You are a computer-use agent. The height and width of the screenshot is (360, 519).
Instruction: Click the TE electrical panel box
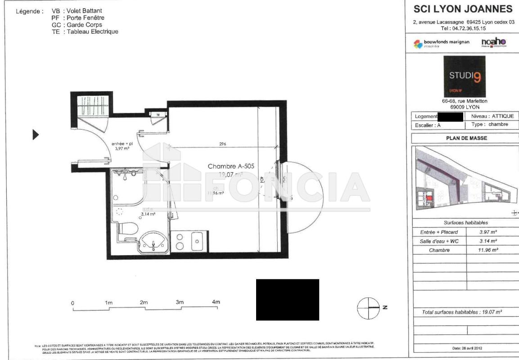tap(158, 115)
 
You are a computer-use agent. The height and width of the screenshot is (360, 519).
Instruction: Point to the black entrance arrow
tap(36, 135)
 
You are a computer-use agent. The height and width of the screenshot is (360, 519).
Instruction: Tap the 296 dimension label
tap(222, 144)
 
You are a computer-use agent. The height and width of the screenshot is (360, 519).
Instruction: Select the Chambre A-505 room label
tap(231, 166)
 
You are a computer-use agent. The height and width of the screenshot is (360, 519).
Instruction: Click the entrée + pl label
tap(122, 144)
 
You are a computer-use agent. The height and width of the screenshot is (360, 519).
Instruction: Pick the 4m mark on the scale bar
tap(216, 302)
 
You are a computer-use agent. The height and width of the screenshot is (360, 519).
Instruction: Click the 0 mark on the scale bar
tap(72, 303)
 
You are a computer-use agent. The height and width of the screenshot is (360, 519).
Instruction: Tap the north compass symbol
tap(366, 307)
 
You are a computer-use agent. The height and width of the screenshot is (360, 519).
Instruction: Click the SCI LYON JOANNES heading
tap(463, 9)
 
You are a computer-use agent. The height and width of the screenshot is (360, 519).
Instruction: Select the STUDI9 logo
tap(465, 76)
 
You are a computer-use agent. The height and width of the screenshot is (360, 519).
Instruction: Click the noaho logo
tap(494, 42)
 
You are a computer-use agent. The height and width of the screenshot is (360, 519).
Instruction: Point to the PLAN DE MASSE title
tap(466, 138)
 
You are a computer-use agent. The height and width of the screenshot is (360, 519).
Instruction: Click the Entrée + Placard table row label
tap(439, 232)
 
